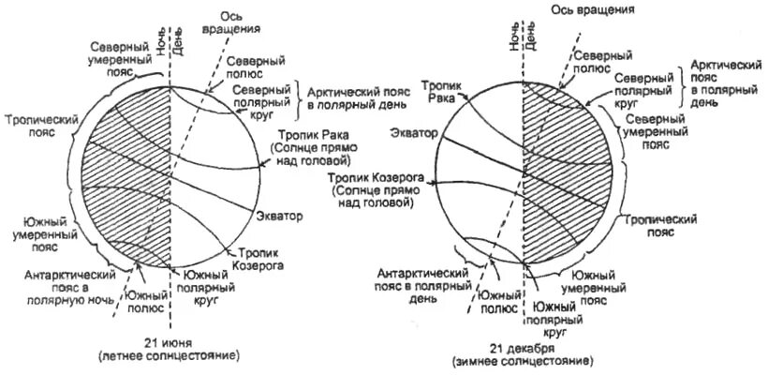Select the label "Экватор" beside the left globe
tap(280, 217)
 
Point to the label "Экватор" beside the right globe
tap(412, 135)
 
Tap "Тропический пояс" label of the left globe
tap(34, 126)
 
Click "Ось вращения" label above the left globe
tap(238, 22)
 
